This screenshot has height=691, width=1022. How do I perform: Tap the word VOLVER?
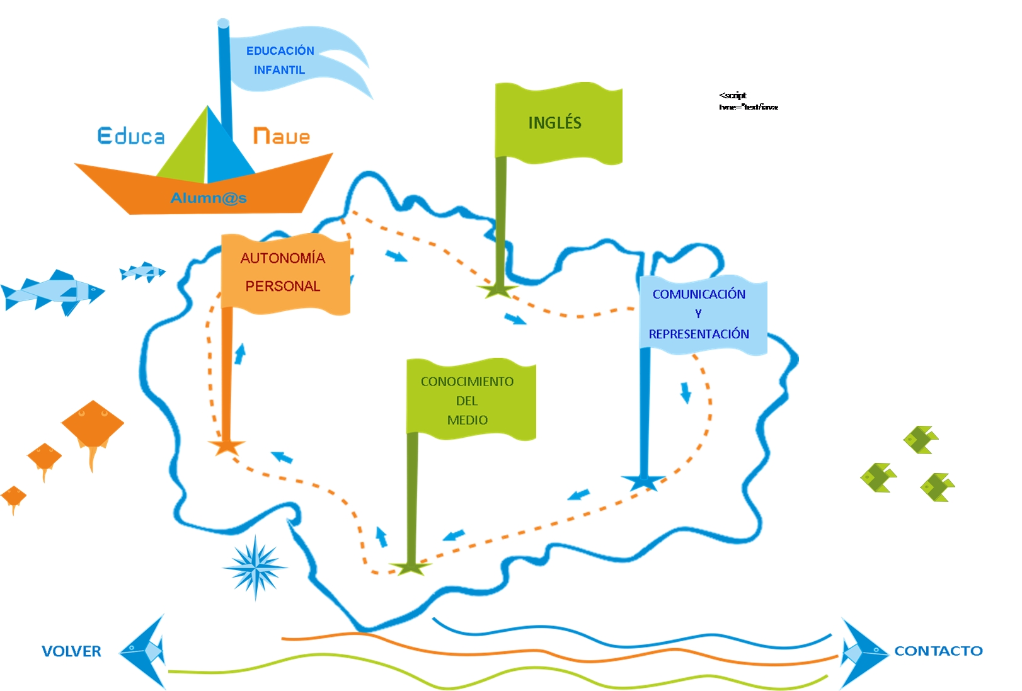(x=71, y=651)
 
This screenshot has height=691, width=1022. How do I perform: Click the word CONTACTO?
(x=938, y=651)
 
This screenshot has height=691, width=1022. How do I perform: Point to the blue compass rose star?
(x=255, y=567)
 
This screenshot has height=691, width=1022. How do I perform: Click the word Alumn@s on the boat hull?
(x=209, y=198)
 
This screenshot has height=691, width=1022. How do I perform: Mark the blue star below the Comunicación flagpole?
(x=643, y=482)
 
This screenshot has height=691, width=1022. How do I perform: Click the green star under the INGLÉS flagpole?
(x=498, y=290)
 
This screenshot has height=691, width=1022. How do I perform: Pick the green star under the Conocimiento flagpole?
(x=410, y=568)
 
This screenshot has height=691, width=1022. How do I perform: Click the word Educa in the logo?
(x=131, y=136)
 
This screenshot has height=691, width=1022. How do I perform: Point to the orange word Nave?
(x=281, y=136)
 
